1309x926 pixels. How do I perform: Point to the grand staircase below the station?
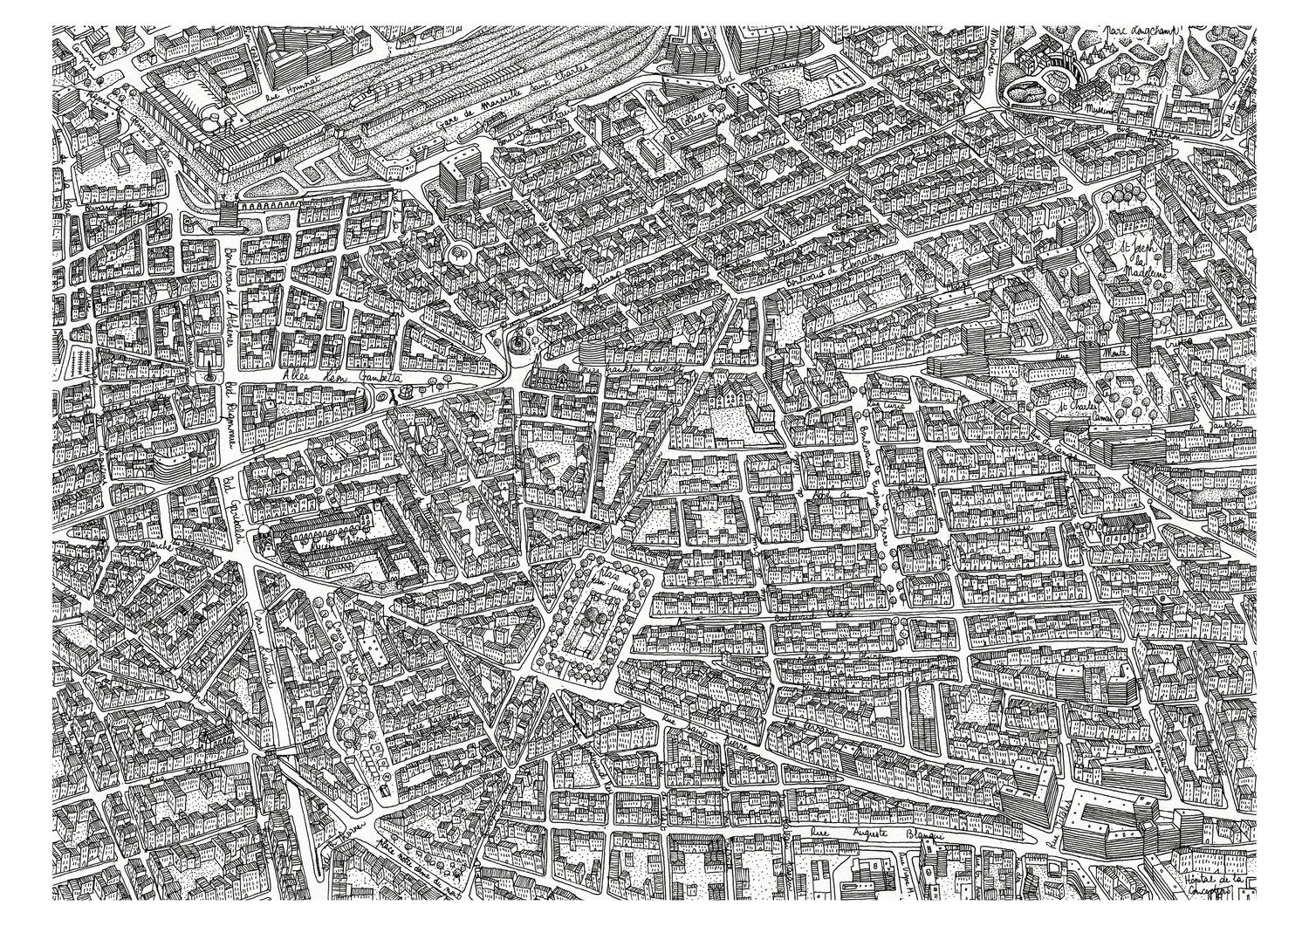(225, 213)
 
